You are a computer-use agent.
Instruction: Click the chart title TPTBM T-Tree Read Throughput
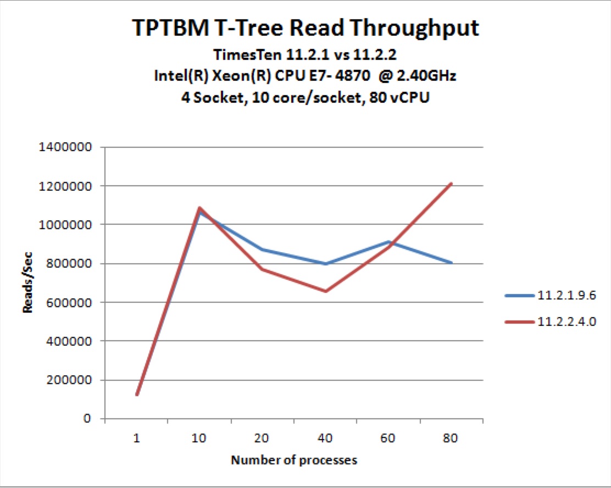(305, 28)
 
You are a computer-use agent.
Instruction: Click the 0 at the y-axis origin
(87, 419)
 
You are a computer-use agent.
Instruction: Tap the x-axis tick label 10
(199, 439)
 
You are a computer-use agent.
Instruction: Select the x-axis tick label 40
(325, 439)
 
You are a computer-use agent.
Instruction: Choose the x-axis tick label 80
(451, 439)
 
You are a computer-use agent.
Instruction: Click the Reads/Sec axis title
(28, 282)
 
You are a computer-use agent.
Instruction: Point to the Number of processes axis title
(293, 460)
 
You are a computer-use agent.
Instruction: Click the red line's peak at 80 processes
(451, 184)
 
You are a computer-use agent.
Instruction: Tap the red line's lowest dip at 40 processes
(325, 291)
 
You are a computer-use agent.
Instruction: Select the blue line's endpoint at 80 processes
(451, 263)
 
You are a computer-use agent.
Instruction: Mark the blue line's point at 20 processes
(262, 249)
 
